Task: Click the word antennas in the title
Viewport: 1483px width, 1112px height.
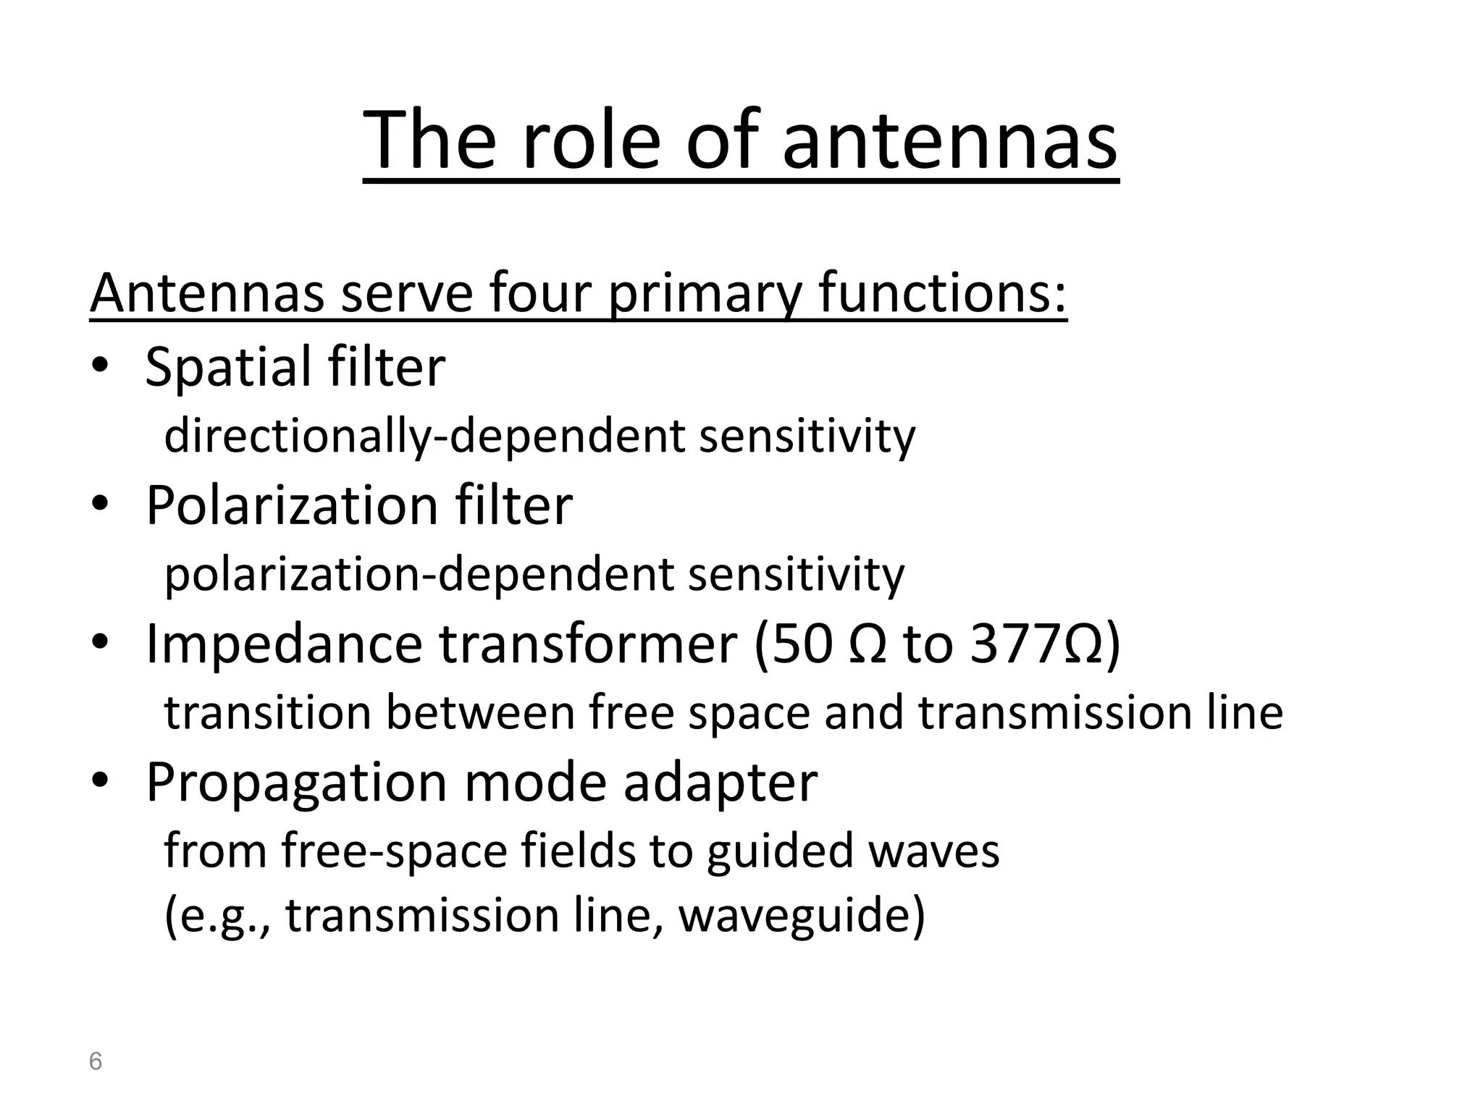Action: pyautogui.click(x=949, y=140)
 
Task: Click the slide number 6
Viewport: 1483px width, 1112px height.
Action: pyautogui.click(x=95, y=1062)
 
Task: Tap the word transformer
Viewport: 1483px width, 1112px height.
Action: pyautogui.click(x=588, y=644)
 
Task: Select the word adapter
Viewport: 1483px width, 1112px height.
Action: pyautogui.click(x=721, y=783)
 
